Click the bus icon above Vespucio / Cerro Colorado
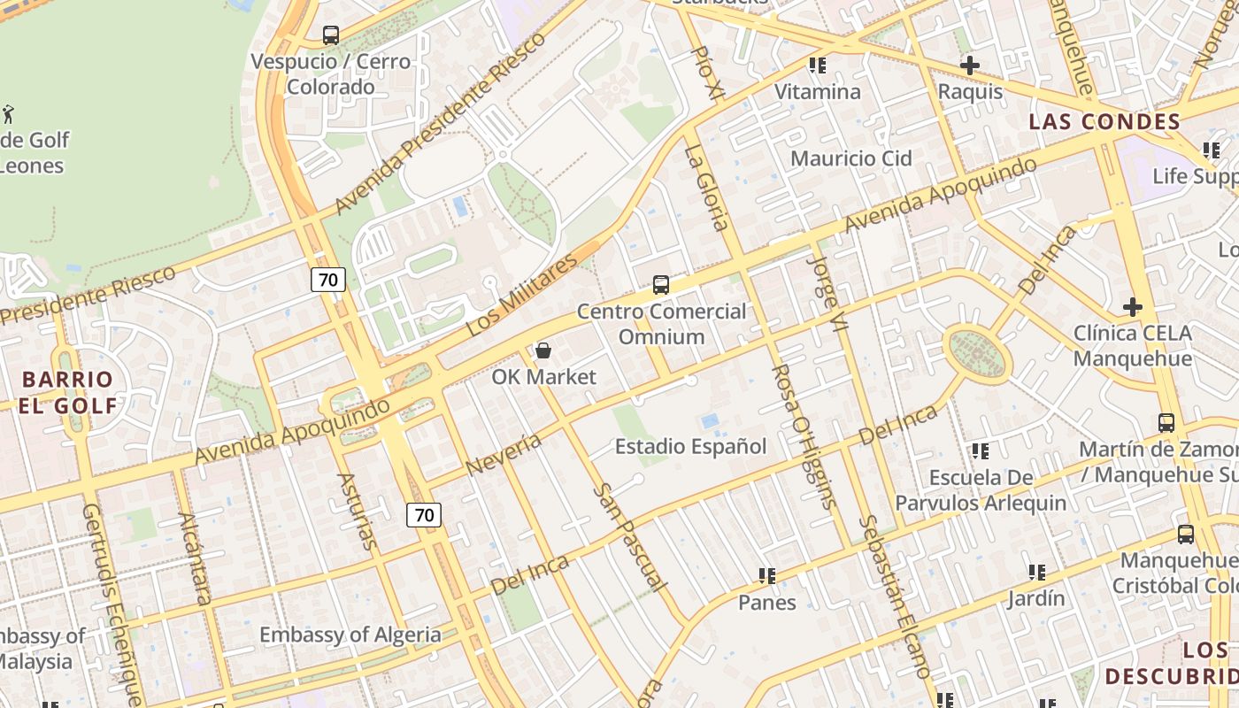[x=331, y=35]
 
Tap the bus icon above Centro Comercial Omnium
[x=661, y=285]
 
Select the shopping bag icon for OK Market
[x=543, y=351]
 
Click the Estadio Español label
[x=690, y=446]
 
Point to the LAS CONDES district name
[x=1104, y=122]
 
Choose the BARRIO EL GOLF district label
[x=69, y=393]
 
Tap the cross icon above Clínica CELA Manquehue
[x=1132, y=307]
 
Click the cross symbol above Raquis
[x=970, y=65]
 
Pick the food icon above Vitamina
[x=817, y=65]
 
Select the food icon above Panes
[x=767, y=577]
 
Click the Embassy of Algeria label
[x=350, y=635]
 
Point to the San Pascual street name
[x=629, y=536]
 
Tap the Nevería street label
[x=503, y=453]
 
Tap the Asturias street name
[x=357, y=512]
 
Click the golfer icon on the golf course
[x=8, y=114]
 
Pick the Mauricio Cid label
[x=850, y=158]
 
